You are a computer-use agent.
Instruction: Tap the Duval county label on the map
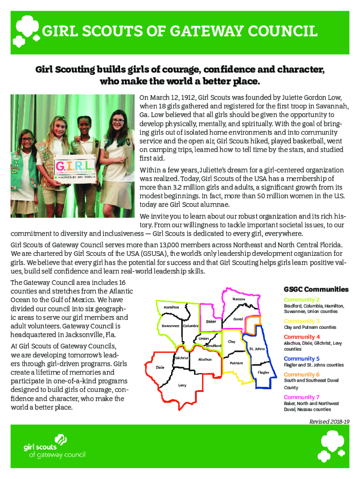pos(238,319)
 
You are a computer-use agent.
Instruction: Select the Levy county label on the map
pos(181,385)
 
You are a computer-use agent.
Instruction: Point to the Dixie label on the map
pos(160,367)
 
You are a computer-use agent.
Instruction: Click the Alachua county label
pos(205,359)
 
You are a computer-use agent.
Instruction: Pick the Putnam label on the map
pos(236,363)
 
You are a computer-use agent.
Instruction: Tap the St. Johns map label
pos(257,348)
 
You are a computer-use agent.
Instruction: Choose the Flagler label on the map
pos(263,372)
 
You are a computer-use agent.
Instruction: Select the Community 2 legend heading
pos(302,299)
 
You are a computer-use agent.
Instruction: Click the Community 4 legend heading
pos(302,337)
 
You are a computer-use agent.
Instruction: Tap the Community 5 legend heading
pos(302,359)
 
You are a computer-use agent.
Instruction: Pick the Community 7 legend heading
pos(302,397)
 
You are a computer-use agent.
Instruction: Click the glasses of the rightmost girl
pos(118,122)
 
